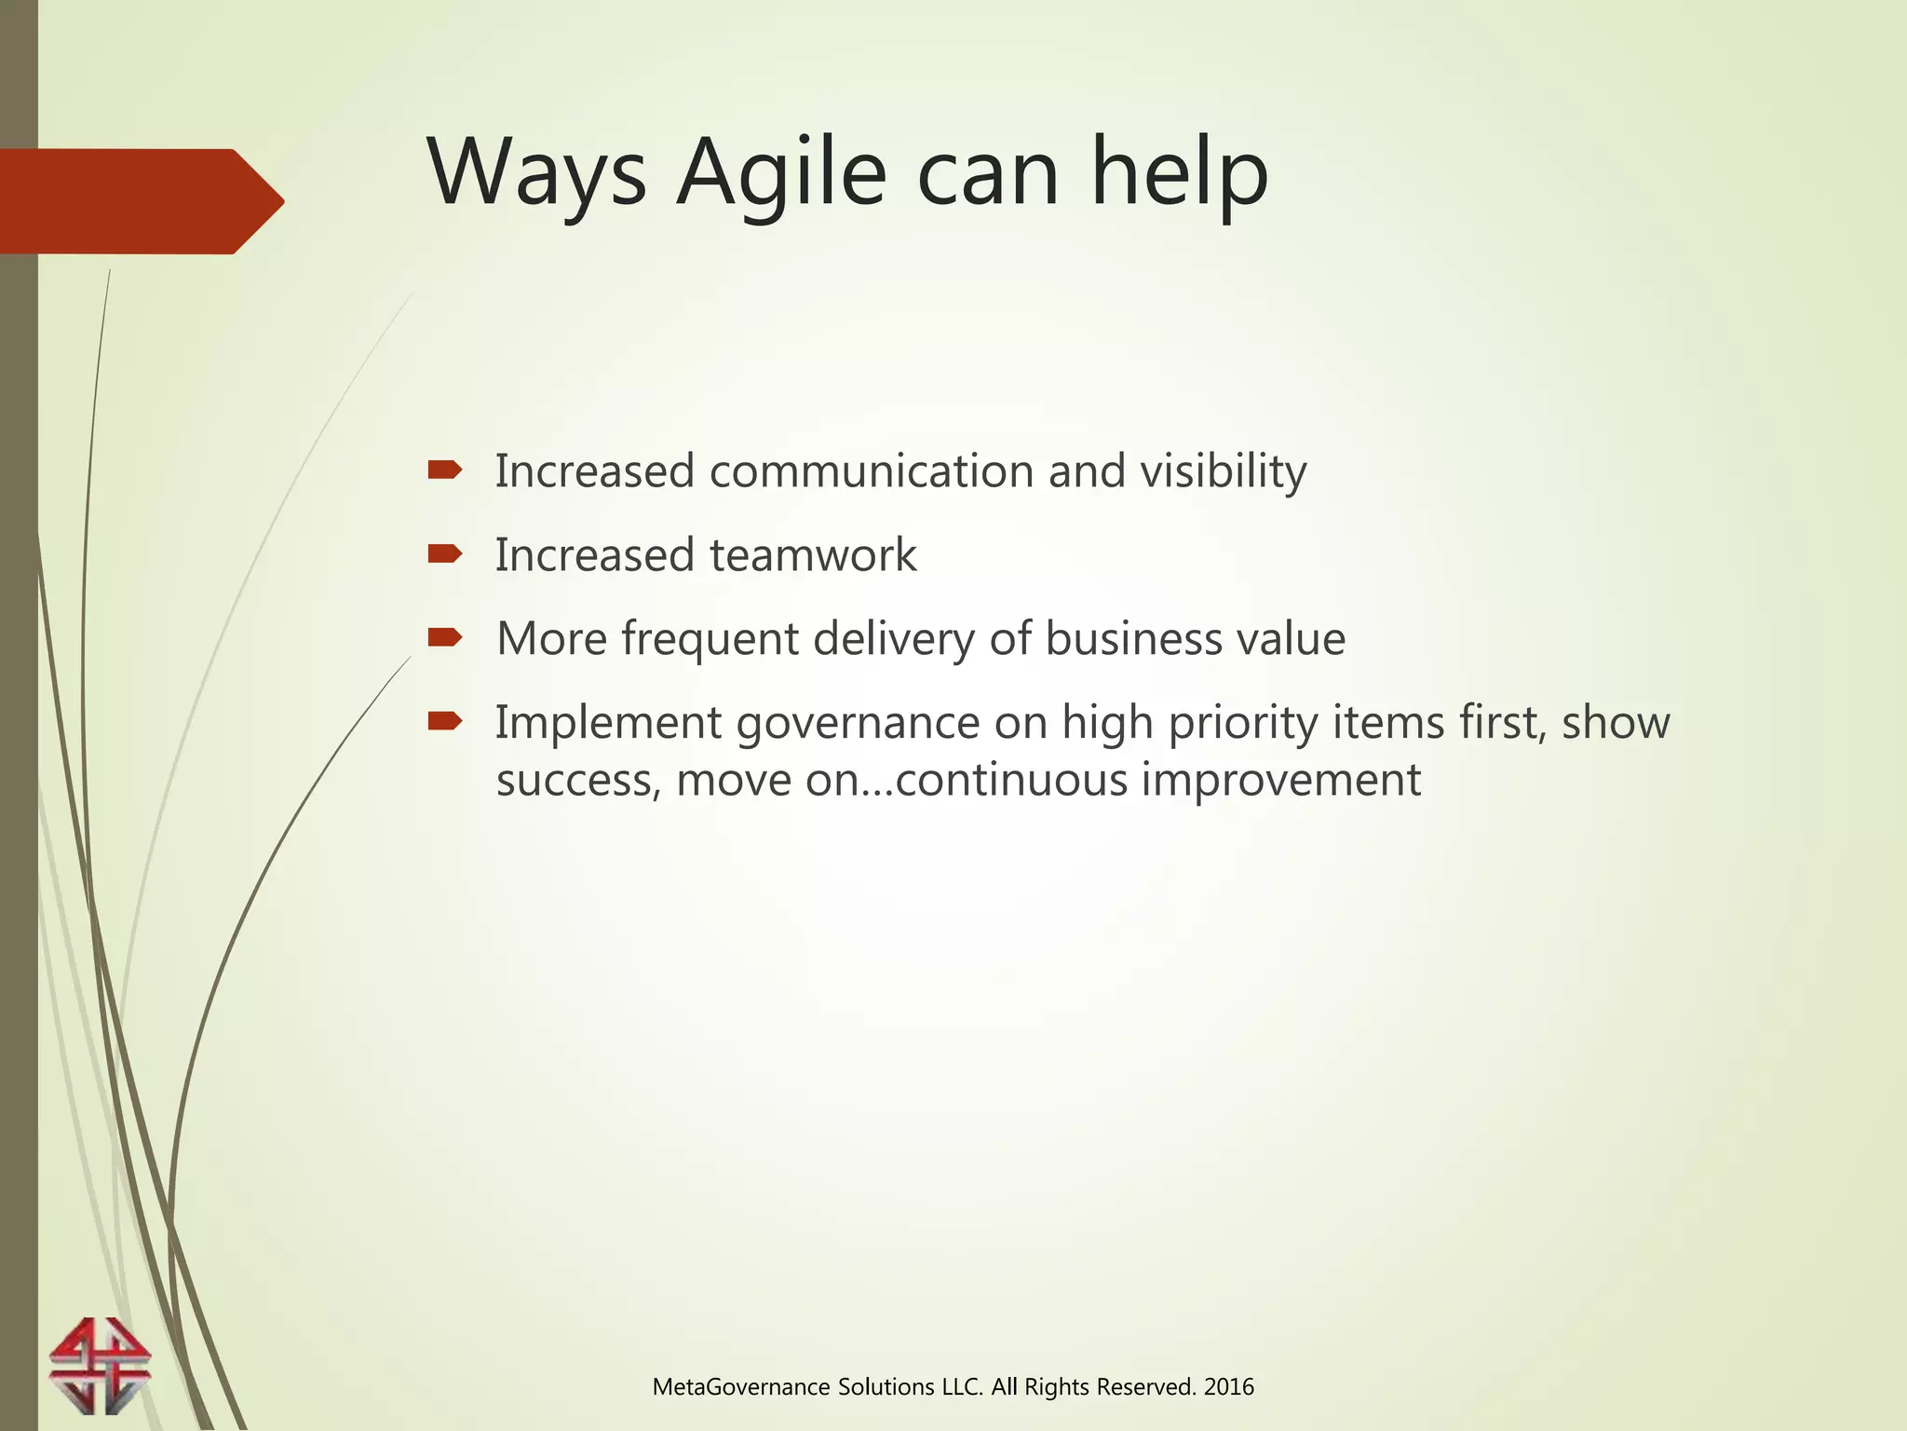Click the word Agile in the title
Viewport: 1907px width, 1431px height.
781,173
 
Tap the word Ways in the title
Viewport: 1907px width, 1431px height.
536,173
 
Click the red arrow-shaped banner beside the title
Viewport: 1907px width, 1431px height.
140,201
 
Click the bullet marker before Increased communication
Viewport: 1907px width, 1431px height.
444,470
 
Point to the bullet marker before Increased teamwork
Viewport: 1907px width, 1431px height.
444,554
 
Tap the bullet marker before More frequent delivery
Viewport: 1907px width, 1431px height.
444,637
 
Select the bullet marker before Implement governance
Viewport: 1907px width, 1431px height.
444,720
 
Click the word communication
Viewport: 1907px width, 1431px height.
871,470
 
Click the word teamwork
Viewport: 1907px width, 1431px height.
813,555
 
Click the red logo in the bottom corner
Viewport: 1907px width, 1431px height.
100,1366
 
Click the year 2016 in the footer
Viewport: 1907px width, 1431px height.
1228,1387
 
